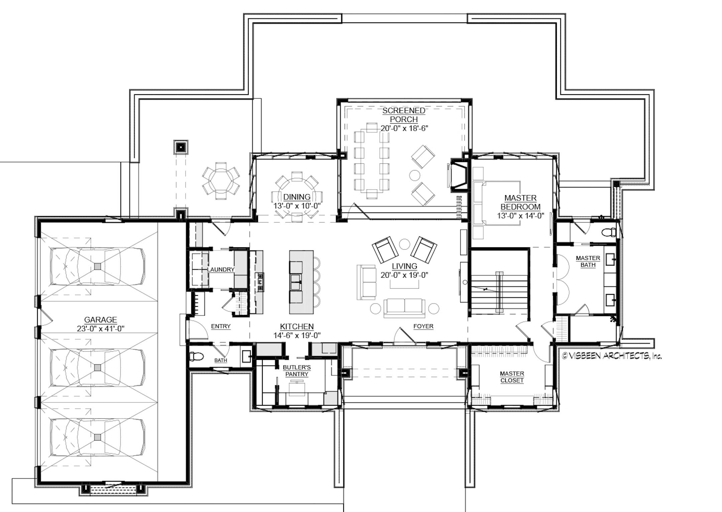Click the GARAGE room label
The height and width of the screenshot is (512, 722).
pos(100,320)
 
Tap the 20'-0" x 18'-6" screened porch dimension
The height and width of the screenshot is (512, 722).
pos(404,128)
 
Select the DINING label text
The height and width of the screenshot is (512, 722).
pos(297,197)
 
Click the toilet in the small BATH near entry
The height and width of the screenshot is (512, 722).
pos(197,357)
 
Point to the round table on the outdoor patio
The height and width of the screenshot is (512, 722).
pos(221,181)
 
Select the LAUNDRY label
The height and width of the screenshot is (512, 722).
pos(221,269)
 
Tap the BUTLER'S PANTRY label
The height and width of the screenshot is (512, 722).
pos(296,371)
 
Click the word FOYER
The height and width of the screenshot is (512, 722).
pos(423,326)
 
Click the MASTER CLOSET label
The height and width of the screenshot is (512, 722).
pos(512,377)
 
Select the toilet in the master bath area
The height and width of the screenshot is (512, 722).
pos(608,232)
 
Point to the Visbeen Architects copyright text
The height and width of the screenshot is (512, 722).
pos(612,356)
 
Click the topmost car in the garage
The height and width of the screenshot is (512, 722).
pos(97,266)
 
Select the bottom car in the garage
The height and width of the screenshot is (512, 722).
pos(97,437)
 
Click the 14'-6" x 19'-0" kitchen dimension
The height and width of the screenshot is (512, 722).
pos(297,335)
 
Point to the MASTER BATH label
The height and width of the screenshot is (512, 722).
pos(588,261)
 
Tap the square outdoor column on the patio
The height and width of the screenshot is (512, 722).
pos(181,147)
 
